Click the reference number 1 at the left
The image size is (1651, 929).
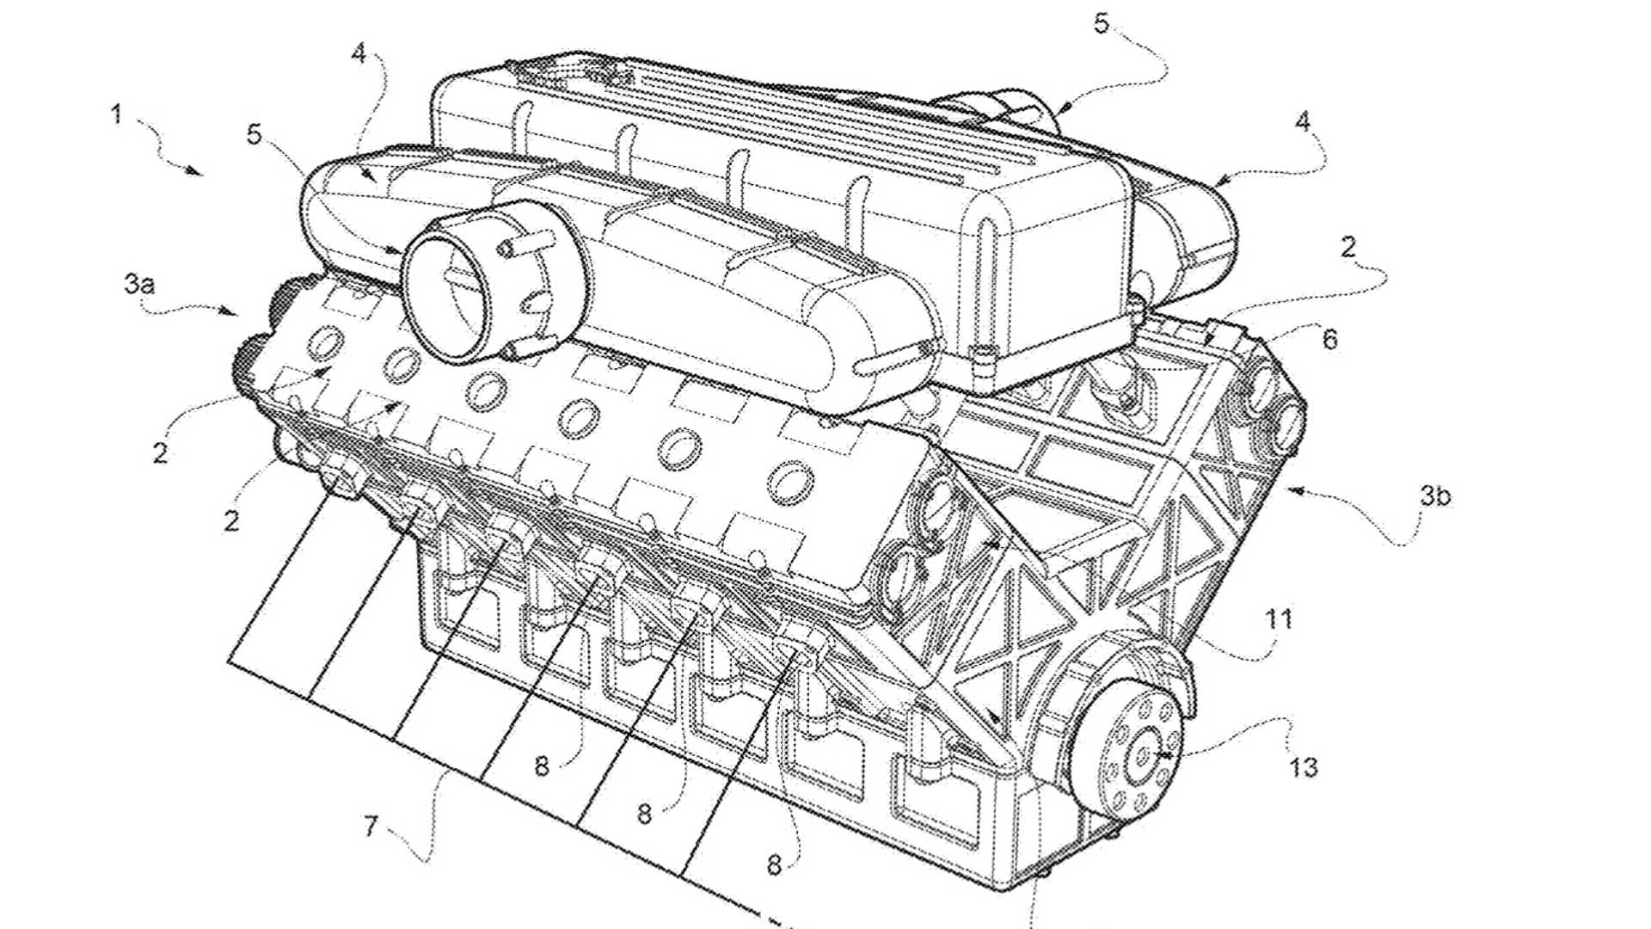point(117,114)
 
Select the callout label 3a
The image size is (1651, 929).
point(139,283)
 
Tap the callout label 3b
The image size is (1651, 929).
point(1435,495)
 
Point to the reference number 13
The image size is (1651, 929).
point(1304,766)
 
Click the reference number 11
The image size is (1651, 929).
point(1279,618)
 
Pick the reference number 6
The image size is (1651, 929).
point(1329,339)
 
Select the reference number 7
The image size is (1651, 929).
point(371,827)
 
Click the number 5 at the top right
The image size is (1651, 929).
point(1102,24)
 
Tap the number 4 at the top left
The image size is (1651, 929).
point(359,53)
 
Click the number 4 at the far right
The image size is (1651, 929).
point(1304,122)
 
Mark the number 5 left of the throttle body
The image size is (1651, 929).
point(254,135)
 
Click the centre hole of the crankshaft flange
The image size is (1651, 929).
point(1143,755)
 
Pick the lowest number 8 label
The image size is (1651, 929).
point(774,865)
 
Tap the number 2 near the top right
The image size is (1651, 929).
point(1348,248)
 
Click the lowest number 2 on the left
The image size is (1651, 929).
point(231,520)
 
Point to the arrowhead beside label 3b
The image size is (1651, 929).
point(1292,490)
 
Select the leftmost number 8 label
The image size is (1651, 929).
point(542,766)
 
